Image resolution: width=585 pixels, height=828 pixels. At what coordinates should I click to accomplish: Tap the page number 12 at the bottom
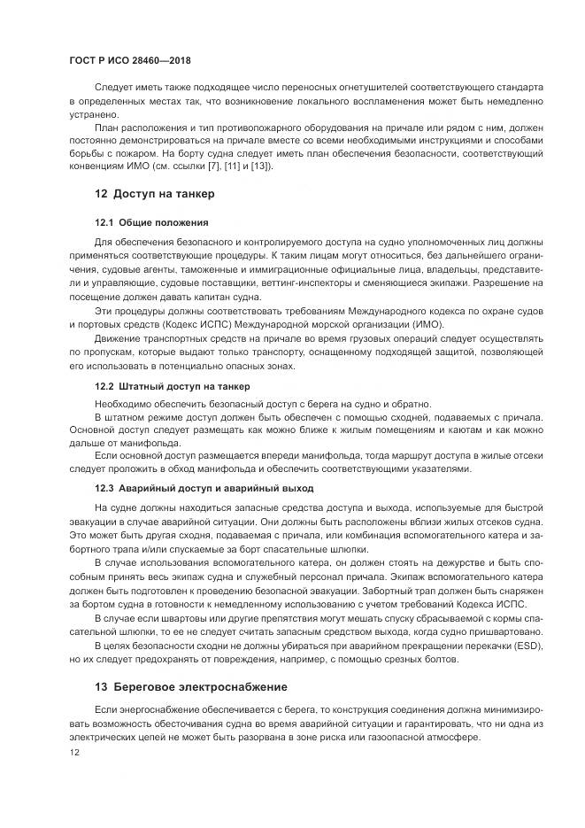pos(74,752)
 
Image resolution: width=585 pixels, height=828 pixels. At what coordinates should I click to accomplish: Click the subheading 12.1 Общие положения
pos(151,222)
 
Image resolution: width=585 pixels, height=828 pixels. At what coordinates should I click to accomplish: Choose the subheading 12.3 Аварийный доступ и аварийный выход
pos(204,488)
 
